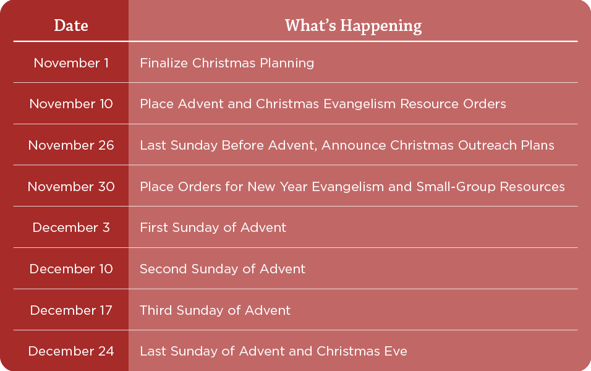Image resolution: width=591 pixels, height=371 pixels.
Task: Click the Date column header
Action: tap(71, 25)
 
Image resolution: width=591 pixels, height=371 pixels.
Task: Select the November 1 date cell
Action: tap(71, 63)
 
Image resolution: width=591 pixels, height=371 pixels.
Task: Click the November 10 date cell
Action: tap(71, 104)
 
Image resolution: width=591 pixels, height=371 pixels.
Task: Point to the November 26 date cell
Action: tap(71, 145)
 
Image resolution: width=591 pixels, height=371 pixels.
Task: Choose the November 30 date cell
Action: tap(71, 187)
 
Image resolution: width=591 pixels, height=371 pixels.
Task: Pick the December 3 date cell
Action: tap(71, 228)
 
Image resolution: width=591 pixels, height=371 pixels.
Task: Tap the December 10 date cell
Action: tap(71, 269)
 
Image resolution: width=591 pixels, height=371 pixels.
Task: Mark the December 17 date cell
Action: tap(71, 310)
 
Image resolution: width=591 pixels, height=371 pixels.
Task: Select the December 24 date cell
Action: tap(71, 351)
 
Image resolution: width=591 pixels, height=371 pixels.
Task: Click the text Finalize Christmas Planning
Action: tap(227, 63)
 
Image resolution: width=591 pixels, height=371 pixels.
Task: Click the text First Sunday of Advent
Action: tap(213, 228)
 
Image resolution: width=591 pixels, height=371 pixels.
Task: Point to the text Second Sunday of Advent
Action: tap(223, 269)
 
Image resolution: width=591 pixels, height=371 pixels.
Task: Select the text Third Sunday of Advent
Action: tap(215, 310)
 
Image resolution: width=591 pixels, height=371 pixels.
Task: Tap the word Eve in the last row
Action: tap(396, 351)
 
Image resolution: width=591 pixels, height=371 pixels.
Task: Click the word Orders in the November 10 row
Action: tap(485, 104)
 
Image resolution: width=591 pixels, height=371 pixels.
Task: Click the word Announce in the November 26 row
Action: tap(354, 145)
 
